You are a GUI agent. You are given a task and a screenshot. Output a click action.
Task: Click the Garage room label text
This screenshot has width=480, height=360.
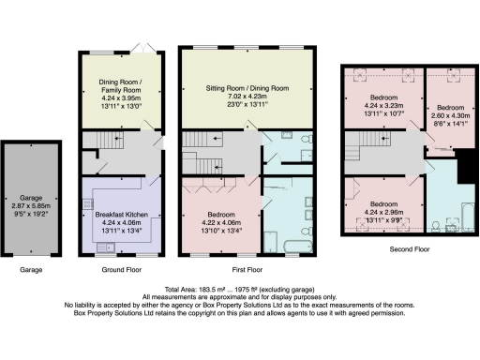click(x=33, y=199)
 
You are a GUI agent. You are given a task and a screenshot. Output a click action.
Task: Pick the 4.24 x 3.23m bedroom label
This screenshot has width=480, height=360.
click(x=384, y=97)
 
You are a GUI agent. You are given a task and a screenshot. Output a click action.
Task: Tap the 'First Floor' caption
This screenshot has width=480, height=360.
click(x=247, y=269)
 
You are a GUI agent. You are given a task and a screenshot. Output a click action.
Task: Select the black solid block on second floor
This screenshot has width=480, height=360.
click(x=463, y=171)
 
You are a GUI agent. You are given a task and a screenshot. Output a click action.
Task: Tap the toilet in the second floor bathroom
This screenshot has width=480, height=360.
click(x=438, y=225)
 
